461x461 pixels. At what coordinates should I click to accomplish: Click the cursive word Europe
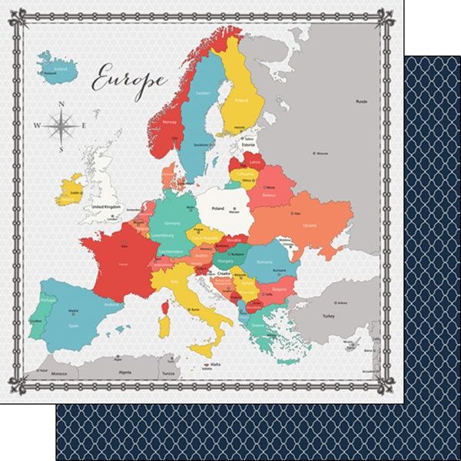click(x=129, y=78)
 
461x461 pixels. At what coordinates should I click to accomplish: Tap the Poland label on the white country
click(x=219, y=207)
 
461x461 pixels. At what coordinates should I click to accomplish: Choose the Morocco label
click(x=59, y=374)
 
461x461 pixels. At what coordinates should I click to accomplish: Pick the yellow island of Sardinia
click(x=162, y=330)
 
